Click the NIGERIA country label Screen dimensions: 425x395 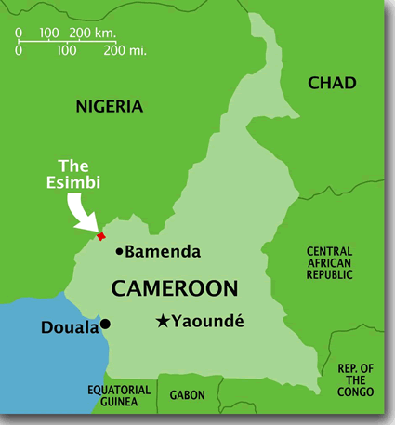[110, 106]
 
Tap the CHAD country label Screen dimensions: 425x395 [332, 83]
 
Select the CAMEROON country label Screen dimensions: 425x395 [174, 288]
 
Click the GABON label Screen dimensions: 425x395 [187, 395]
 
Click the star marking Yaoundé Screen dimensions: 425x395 [163, 322]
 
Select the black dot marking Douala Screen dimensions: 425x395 [106, 325]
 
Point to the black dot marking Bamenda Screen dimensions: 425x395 [118, 251]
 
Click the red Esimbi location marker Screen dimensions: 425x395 [101, 236]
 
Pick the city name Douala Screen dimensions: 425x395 [70, 327]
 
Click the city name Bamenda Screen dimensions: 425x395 [159, 251]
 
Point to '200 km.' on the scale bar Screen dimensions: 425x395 [92, 33]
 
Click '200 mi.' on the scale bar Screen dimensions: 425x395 [126, 50]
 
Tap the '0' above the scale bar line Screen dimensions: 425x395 [19, 33]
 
